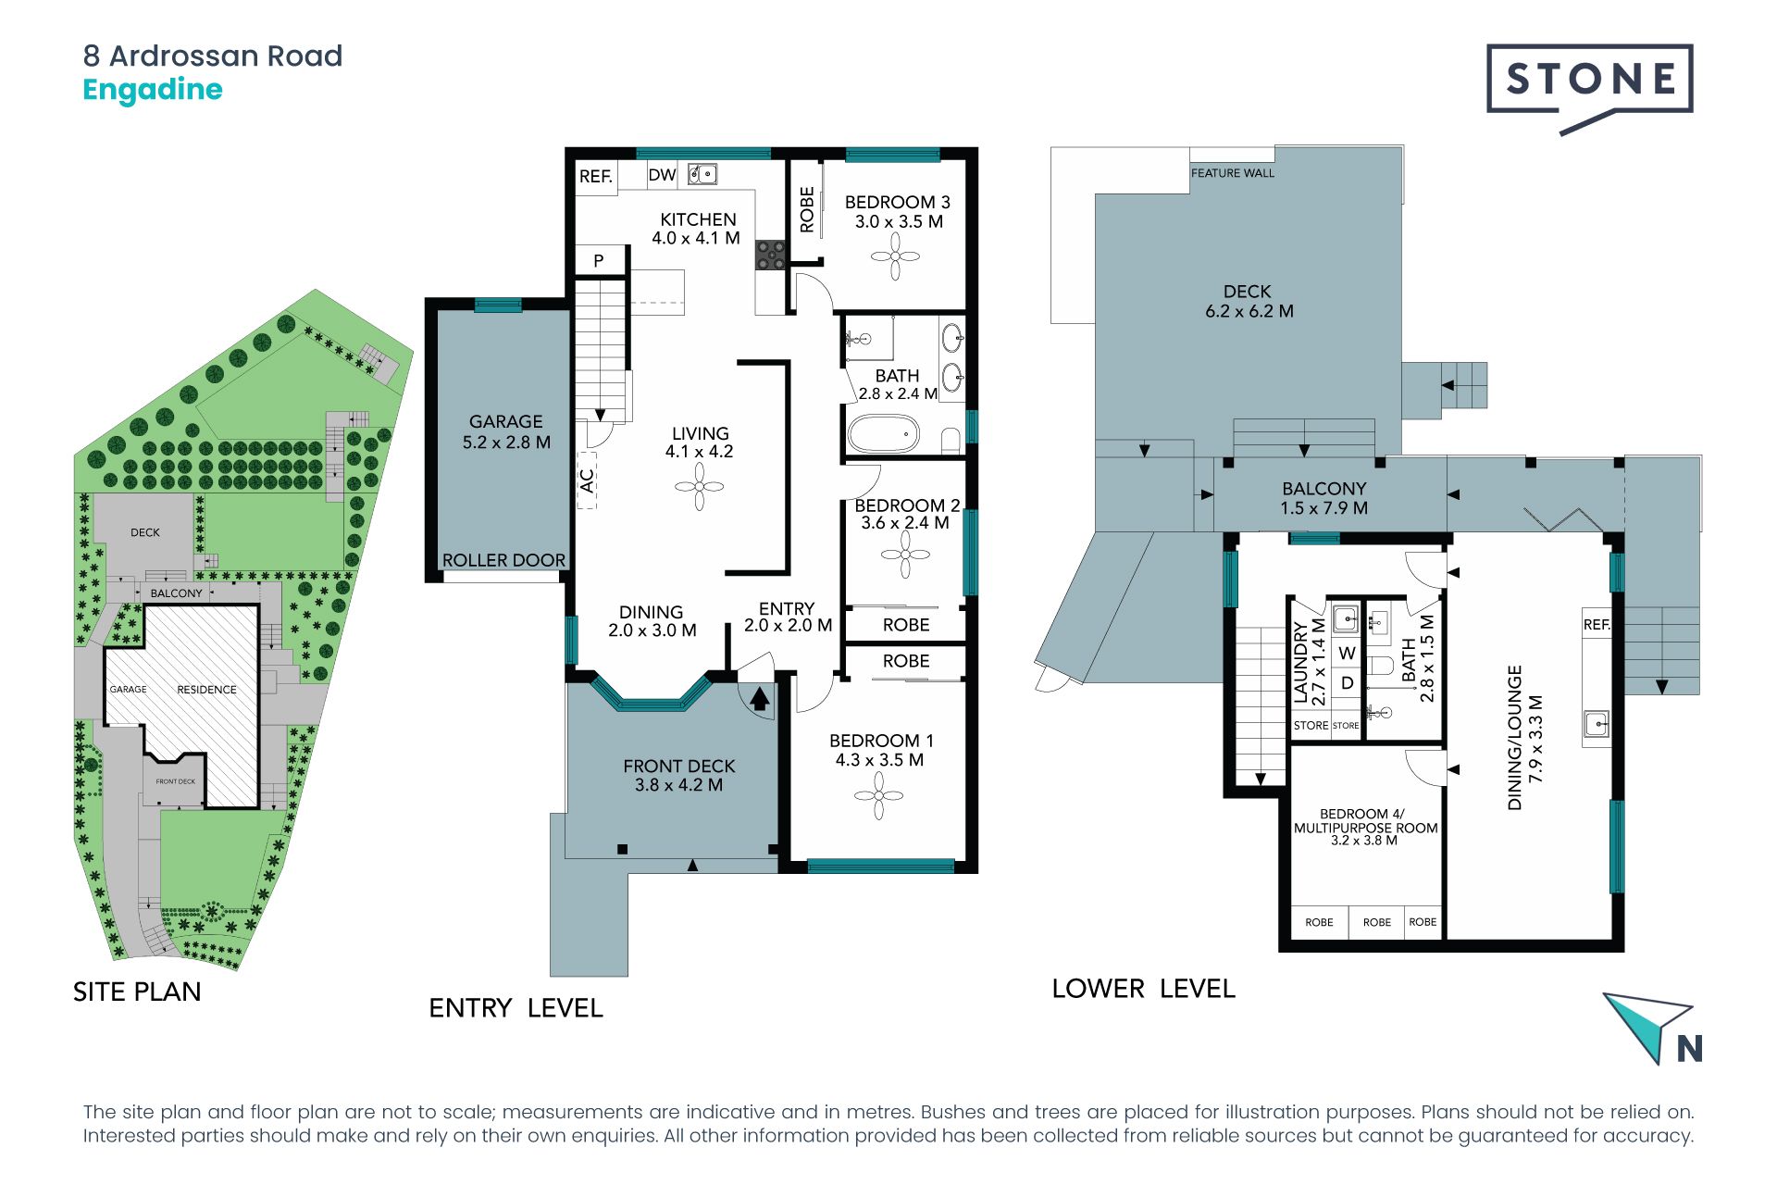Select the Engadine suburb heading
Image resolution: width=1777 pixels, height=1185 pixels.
153,91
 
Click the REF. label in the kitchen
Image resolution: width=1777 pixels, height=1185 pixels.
596,176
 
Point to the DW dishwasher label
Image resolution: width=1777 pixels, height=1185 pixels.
662,175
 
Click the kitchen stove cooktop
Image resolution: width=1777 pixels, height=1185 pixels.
770,255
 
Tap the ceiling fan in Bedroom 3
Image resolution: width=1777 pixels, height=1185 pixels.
895,256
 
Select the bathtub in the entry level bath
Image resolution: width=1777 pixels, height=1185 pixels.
884,433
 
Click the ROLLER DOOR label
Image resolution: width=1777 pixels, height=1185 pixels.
503,560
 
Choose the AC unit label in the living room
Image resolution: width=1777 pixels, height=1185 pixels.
587,480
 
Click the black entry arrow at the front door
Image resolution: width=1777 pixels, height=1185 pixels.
759,697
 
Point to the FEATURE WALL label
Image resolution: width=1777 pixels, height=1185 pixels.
1232,173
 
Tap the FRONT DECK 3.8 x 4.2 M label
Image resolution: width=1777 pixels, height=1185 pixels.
679,776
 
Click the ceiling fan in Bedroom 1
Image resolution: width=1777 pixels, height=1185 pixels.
878,795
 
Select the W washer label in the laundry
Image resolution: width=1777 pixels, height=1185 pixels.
1348,653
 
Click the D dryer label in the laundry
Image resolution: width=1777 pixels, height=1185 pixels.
1348,683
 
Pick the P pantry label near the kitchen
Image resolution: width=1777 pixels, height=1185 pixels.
599,261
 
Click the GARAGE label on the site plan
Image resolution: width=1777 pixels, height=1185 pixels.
128,690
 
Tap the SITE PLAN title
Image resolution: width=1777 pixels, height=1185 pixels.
137,992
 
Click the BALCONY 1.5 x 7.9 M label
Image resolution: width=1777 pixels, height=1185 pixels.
1324,498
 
